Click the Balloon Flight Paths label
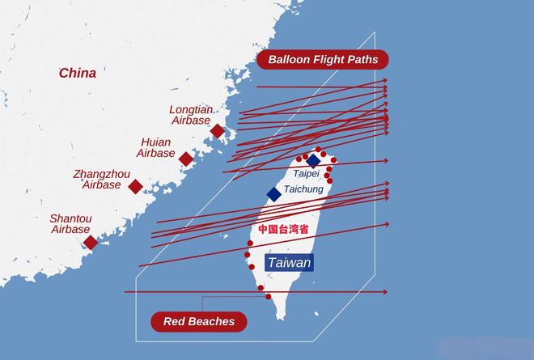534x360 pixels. point(323,60)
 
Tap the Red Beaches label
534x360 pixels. point(199,321)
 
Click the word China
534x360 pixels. point(77,73)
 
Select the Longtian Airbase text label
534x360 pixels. point(191,114)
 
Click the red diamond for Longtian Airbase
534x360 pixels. point(217,131)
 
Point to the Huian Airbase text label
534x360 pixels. point(155,147)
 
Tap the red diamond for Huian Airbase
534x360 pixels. point(186,159)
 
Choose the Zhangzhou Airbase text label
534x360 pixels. point(101,179)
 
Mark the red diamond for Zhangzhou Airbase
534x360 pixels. point(136,187)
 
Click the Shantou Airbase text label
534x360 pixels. point(70,224)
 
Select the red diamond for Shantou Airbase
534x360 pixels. point(91,242)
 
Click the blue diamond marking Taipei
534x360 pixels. point(313,161)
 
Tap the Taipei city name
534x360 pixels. point(306,174)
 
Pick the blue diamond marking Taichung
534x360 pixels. point(274,193)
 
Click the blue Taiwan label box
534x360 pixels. point(289,263)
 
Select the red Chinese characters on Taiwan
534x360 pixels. point(283,229)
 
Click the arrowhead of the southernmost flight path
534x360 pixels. point(385,291)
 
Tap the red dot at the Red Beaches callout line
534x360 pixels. point(268,296)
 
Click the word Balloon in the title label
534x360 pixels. point(288,60)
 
